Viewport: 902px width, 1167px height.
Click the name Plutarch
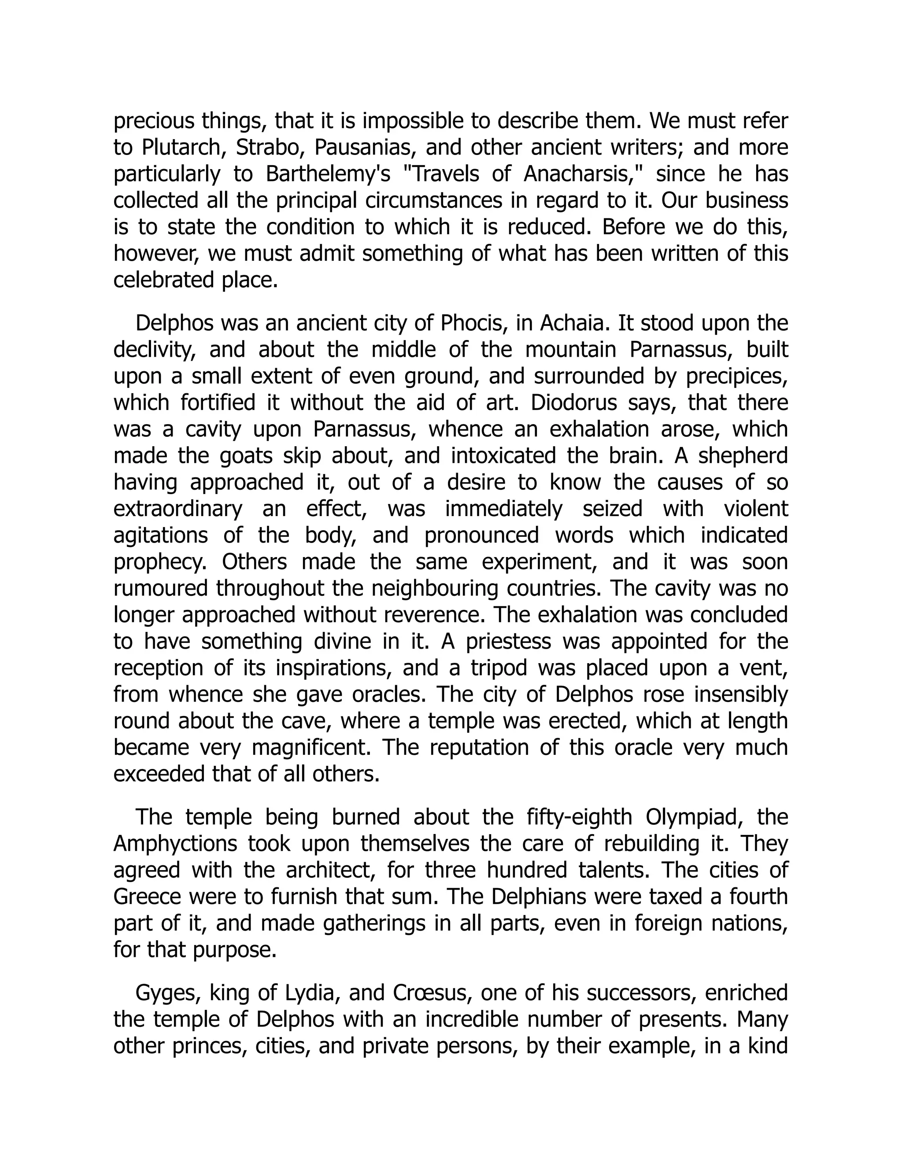181,148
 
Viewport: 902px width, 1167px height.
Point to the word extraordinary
178,509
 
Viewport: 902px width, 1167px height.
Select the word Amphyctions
175,844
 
